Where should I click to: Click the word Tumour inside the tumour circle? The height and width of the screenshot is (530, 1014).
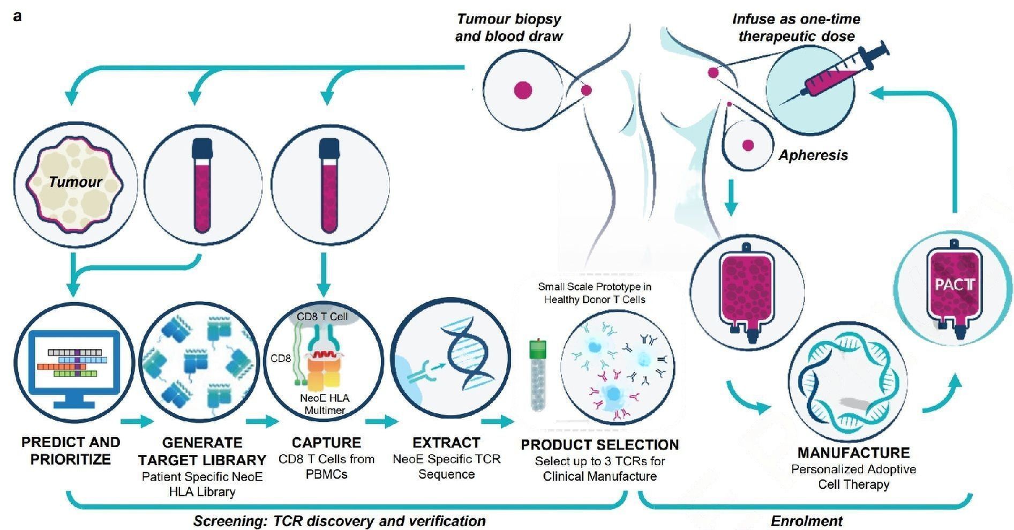(75, 182)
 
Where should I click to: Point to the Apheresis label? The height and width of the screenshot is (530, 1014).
(813, 155)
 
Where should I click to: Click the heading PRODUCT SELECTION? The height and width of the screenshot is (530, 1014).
(599, 445)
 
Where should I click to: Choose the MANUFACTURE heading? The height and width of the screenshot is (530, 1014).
(853, 453)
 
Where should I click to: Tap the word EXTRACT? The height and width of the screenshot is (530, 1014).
(446, 443)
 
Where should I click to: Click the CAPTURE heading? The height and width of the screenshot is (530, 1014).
(326, 443)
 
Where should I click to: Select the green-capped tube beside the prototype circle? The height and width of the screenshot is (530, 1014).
(537, 375)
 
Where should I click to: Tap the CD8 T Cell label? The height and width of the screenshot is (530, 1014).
(322, 317)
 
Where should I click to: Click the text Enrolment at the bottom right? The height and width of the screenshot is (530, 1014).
(806, 521)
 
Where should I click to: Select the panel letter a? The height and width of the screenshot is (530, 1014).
(18, 17)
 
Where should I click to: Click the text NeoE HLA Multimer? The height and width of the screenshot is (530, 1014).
(325, 404)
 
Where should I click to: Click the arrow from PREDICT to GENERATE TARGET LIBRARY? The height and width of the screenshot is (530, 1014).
(137, 422)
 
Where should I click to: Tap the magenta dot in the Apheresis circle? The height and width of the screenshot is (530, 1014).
(748, 145)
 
